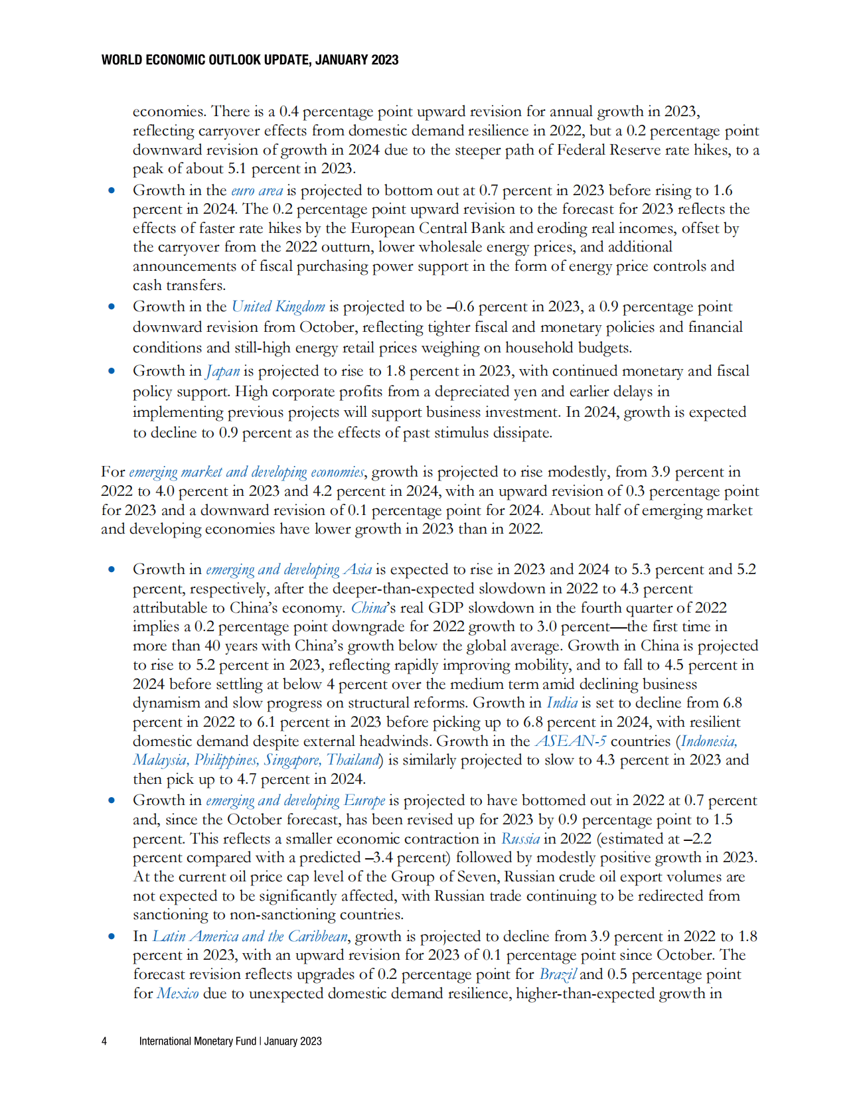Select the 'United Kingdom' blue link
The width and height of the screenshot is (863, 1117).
278,307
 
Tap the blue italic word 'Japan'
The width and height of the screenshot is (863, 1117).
222,371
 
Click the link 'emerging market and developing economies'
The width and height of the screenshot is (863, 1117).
246,472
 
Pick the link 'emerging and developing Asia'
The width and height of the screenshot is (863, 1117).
289,569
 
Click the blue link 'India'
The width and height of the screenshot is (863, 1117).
562,703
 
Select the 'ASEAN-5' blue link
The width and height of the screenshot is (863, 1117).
570,741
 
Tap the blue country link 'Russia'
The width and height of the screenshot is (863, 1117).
520,838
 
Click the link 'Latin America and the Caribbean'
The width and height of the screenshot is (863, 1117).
250,936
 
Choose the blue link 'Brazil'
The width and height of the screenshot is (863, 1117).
558,974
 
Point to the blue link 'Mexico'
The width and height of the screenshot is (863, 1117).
178,994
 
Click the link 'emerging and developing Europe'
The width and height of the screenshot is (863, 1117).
295,800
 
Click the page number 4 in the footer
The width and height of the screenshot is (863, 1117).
104,1041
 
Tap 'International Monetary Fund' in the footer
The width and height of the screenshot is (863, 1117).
197,1041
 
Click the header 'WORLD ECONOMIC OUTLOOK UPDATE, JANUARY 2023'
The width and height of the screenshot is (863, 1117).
250,60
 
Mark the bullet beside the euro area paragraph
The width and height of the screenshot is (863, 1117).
112,190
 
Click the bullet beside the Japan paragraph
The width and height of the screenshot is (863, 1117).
112,371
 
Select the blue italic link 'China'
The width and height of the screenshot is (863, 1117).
368,608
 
